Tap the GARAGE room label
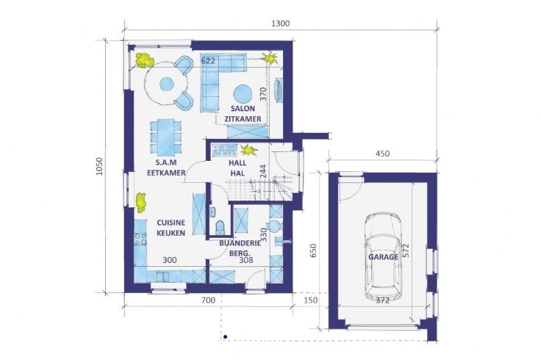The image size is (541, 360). [x=383, y=257]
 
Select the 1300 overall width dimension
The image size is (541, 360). [x=281, y=24]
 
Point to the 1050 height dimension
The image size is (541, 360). [x=100, y=167]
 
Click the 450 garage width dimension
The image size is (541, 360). [x=382, y=154]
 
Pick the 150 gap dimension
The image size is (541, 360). [x=310, y=300]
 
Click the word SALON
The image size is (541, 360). [x=243, y=109]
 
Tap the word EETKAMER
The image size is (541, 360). [x=166, y=173]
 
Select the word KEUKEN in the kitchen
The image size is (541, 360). [x=171, y=233]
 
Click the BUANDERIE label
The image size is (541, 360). [x=240, y=243]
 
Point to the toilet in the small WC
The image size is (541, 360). [x=220, y=227]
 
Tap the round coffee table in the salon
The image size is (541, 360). [x=243, y=93]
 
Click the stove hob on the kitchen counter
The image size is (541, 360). [x=140, y=239]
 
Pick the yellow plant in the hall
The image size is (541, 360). [x=249, y=150]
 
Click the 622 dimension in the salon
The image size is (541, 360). [x=208, y=61]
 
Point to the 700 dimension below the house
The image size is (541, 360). [x=208, y=300]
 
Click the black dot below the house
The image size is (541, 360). [x=225, y=337]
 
